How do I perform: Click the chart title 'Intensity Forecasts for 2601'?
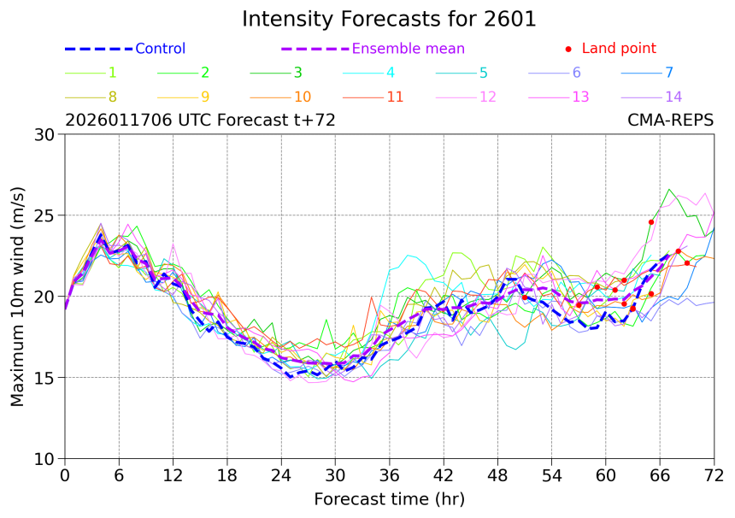389,19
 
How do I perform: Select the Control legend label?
160,49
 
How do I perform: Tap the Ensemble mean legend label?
409,49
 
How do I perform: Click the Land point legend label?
619,49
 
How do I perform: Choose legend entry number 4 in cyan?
390,73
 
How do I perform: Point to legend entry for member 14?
673,97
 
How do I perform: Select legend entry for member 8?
113,97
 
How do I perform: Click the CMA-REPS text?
671,121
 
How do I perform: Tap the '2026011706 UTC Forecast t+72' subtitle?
200,121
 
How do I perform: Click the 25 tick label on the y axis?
44,215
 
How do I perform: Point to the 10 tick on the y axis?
44,459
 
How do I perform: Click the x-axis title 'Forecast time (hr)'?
389,499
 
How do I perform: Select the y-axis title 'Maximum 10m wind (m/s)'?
18,296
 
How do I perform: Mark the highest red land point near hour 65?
651,221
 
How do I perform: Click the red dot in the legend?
568,49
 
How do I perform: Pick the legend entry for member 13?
580,97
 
